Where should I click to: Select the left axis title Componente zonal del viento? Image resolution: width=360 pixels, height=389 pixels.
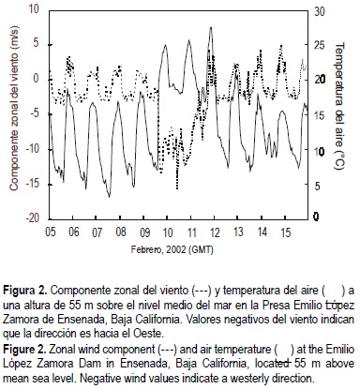click(12, 112)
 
